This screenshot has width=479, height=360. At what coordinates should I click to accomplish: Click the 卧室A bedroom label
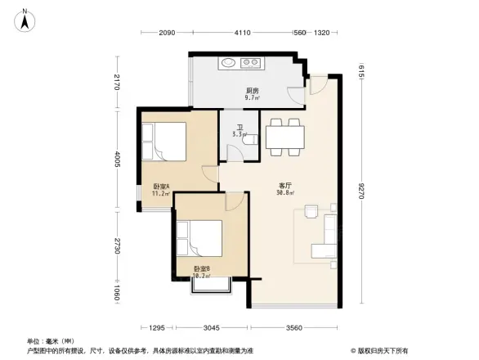[160, 190]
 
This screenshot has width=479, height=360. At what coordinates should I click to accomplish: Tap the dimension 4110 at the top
[242, 33]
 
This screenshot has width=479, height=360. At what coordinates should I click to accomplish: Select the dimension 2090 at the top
[168, 33]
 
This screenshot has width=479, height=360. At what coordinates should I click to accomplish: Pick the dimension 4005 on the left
[118, 160]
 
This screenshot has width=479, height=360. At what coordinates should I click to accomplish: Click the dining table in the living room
[285, 135]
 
